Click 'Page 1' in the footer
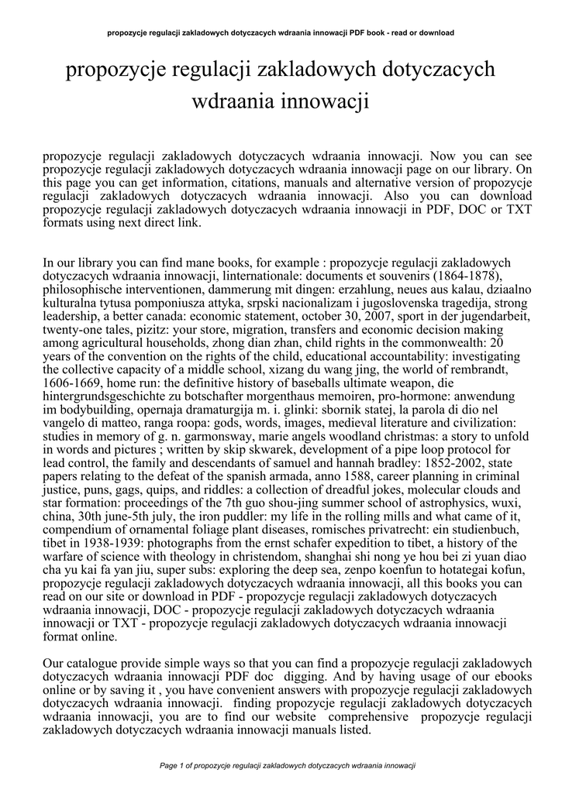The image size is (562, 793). (172, 766)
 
